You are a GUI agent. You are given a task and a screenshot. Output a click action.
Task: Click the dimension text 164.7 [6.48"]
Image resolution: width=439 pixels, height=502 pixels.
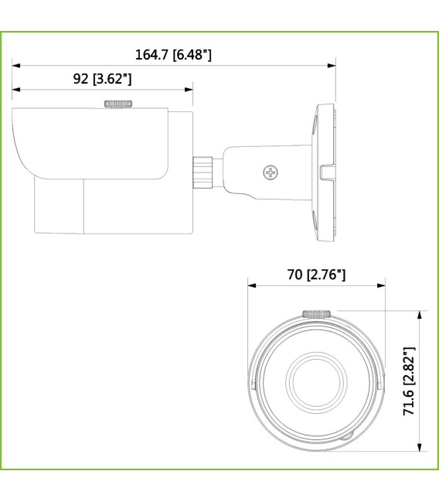[173, 55]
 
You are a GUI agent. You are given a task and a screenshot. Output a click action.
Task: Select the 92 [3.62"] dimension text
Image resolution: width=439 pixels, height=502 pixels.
[102, 79]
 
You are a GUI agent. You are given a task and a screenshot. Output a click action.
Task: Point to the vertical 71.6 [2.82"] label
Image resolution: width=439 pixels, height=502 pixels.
[410, 381]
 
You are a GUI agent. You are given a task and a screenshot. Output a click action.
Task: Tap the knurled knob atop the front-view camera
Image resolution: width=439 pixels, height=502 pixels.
[316, 313]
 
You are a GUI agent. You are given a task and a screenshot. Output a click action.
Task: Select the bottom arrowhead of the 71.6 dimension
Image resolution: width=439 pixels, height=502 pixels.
[420, 447]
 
